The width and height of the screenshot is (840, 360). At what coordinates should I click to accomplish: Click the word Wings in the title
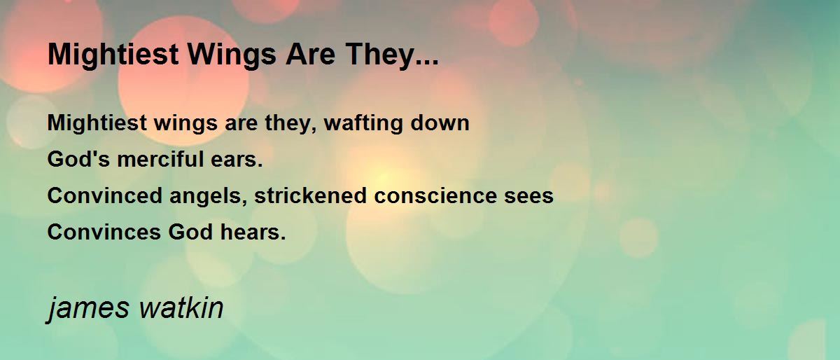coord(232,55)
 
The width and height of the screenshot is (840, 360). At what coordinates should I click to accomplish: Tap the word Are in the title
coord(311,55)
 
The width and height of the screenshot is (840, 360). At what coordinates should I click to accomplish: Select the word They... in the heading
coord(392,55)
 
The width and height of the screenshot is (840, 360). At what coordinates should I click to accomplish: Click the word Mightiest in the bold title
coord(113,55)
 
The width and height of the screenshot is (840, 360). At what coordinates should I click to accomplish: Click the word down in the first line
coord(440,123)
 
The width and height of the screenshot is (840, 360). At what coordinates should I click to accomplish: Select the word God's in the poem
coord(78,159)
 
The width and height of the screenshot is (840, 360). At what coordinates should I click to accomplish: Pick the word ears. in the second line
coord(237,160)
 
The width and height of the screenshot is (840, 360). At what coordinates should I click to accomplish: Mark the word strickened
coord(310,195)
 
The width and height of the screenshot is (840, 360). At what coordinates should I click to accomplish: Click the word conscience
coord(435,195)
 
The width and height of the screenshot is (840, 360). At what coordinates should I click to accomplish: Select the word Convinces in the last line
coord(104,232)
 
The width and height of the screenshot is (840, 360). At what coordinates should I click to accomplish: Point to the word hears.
coord(253,232)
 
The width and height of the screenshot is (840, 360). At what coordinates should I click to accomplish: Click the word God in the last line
coord(190,232)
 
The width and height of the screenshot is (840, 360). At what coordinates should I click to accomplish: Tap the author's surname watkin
coord(181,307)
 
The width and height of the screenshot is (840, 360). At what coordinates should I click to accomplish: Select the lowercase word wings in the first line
coord(185,123)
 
